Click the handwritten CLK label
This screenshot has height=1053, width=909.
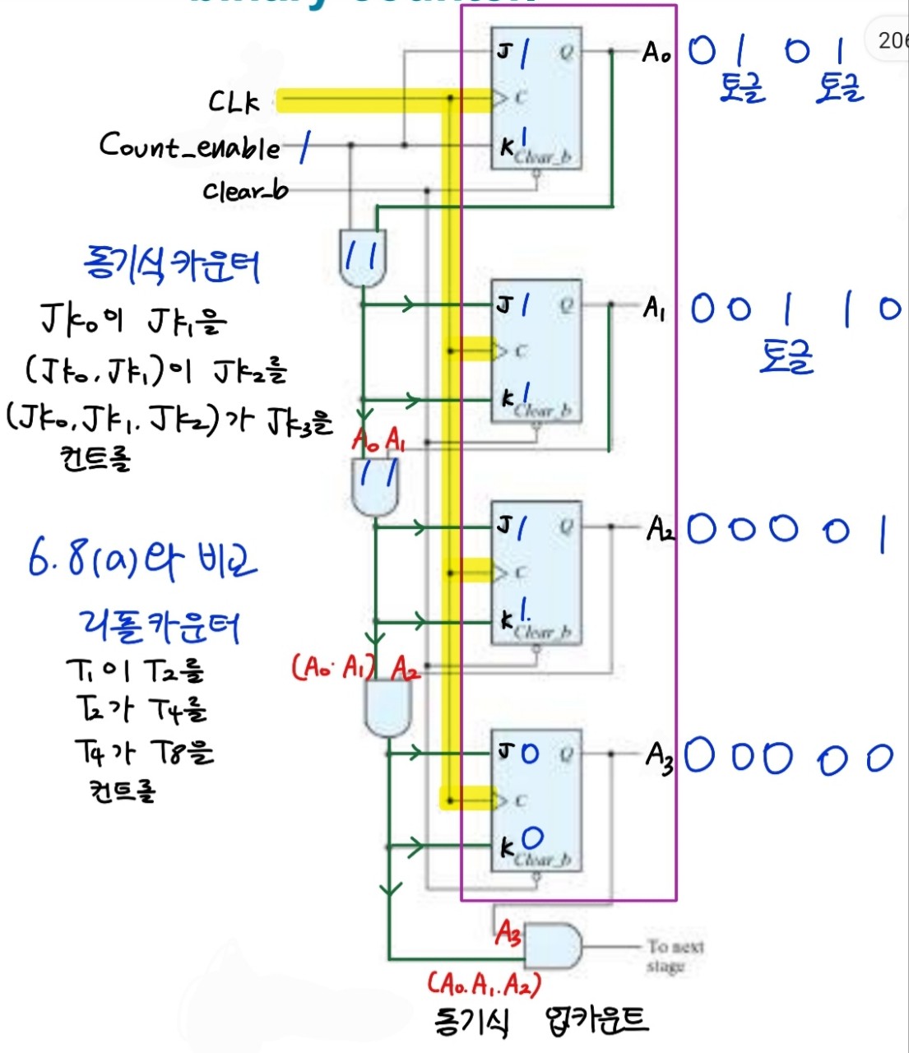(x=234, y=102)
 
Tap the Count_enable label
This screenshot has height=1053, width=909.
(x=190, y=146)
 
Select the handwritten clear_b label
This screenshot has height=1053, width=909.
(x=245, y=191)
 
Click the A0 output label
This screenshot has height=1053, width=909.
(x=656, y=53)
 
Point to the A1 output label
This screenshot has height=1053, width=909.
(x=655, y=308)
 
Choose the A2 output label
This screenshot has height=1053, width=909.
(x=660, y=528)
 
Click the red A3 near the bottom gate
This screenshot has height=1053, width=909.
(x=508, y=933)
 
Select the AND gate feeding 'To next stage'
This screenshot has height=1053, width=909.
(x=552, y=946)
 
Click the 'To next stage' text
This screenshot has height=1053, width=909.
(x=675, y=956)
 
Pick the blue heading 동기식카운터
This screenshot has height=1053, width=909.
(x=172, y=266)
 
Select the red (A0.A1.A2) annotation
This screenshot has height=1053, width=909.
(x=484, y=983)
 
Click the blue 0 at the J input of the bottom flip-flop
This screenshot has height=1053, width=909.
(x=530, y=753)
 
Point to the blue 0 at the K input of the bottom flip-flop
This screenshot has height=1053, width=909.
(x=532, y=838)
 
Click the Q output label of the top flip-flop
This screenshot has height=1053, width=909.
(x=567, y=53)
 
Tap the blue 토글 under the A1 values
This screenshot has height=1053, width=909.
(x=786, y=357)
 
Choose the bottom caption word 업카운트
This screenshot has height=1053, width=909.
(x=596, y=1021)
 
